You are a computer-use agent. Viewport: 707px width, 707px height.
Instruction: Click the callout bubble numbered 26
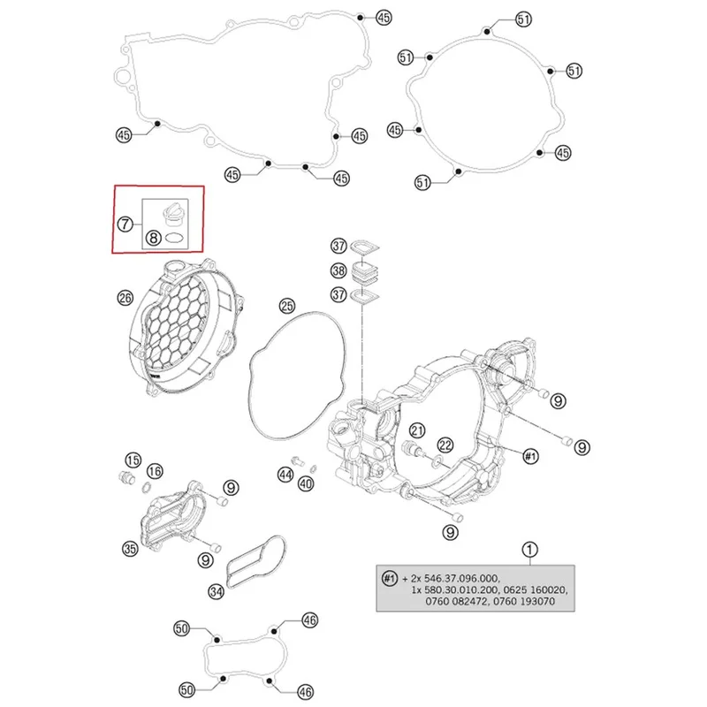point(125,298)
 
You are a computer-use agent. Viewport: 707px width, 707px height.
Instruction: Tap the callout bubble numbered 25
point(287,306)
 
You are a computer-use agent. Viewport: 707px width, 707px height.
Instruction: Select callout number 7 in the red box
point(125,224)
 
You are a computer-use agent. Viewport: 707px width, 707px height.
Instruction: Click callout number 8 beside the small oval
point(153,237)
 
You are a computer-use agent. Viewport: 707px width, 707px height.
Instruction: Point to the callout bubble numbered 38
point(338,270)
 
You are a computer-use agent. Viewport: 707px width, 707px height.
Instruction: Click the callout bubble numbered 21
point(417,430)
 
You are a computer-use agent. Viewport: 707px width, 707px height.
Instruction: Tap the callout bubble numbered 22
point(445,445)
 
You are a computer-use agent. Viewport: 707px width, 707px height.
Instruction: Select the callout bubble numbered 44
point(285,475)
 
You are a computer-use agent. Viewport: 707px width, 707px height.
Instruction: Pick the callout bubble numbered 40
point(306,484)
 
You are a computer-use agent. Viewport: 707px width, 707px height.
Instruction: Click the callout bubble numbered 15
point(133,460)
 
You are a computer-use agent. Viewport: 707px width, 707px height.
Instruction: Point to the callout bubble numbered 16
point(155,472)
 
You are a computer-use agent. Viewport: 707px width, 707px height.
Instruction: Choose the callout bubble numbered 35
point(130,548)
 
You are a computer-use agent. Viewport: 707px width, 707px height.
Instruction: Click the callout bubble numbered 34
point(216,591)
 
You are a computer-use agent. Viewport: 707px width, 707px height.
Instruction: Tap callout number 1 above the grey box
point(529,550)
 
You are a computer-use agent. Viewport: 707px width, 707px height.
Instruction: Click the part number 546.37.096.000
point(461,578)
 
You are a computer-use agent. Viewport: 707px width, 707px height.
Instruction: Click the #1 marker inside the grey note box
point(389,578)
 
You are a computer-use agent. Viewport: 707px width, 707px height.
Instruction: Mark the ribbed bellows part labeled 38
point(364,271)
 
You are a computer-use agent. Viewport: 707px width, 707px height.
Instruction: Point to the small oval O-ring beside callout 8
point(173,237)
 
